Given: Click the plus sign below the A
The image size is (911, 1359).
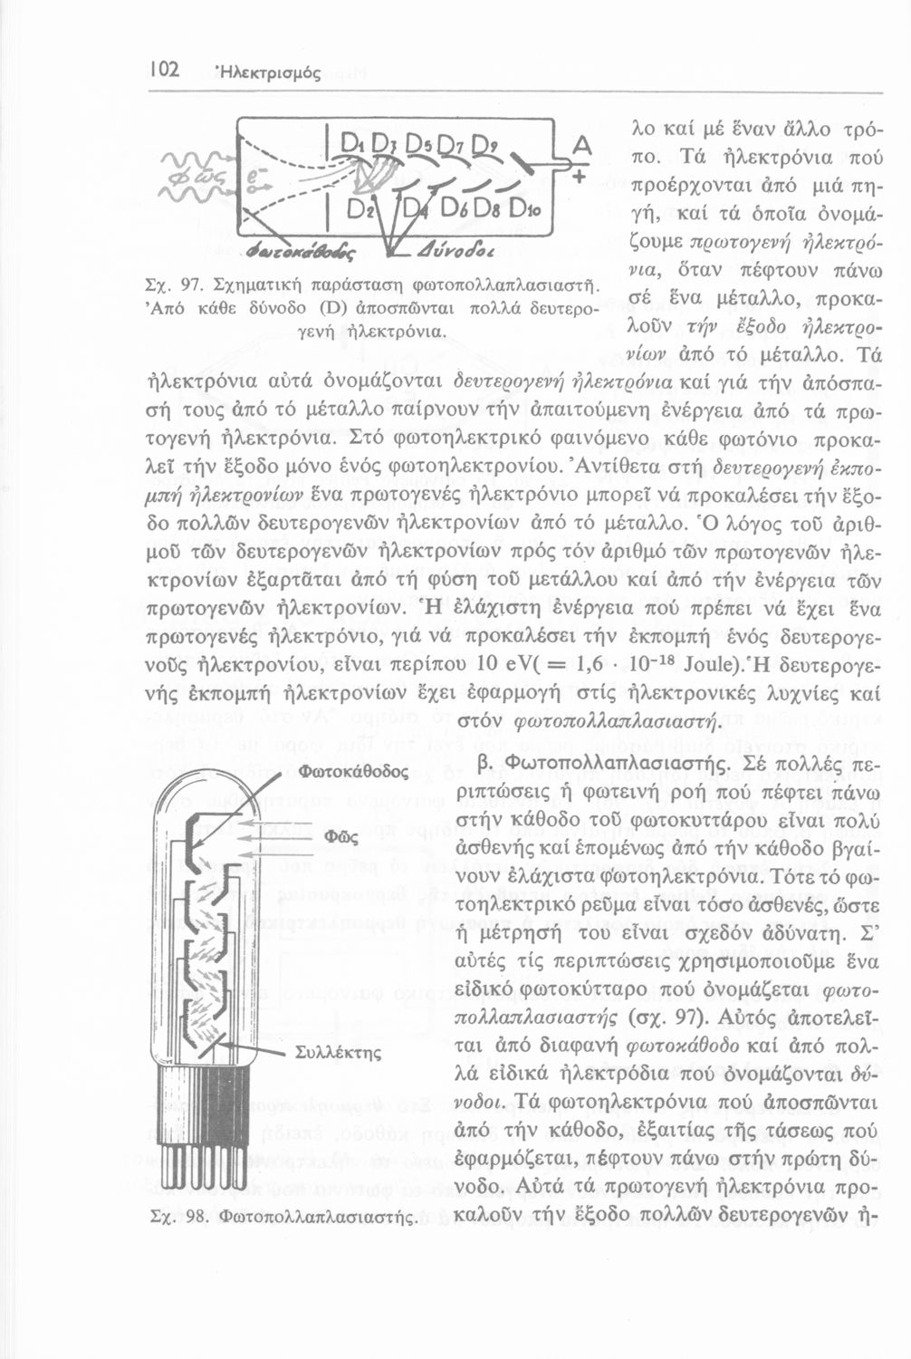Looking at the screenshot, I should pos(577,179).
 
